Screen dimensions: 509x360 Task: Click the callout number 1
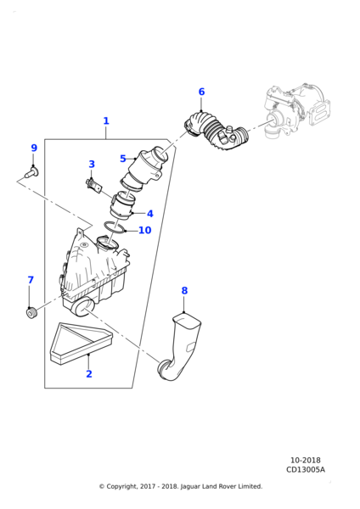(x=106, y=121)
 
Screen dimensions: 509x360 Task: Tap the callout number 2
(x=88, y=397)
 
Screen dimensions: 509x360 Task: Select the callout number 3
(x=92, y=165)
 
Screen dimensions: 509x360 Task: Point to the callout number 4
(x=149, y=214)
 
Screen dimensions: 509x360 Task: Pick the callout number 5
(x=123, y=159)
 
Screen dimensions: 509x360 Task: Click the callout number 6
(x=201, y=92)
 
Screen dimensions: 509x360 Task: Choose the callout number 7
(x=31, y=280)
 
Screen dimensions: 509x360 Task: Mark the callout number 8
(x=184, y=291)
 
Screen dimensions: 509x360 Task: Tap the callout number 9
(x=34, y=148)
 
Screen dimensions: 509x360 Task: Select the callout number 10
(x=144, y=231)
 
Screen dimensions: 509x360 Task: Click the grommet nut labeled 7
(x=31, y=314)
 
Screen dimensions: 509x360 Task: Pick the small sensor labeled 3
(x=93, y=184)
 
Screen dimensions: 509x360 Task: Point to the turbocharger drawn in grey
(x=293, y=110)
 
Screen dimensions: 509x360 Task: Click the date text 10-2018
(x=306, y=461)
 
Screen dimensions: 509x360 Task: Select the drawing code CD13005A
(x=306, y=470)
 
